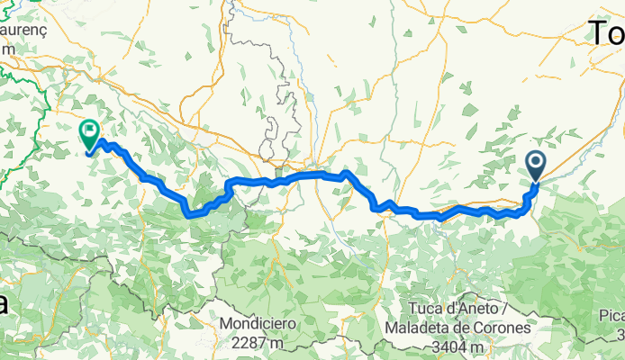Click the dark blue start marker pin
pyautogui.click(x=535, y=165)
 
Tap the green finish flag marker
pyautogui.click(x=90, y=135)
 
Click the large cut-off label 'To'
pyautogui.click(x=607, y=34)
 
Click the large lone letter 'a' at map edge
pyautogui.click(x=5, y=303)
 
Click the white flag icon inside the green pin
pyautogui.click(x=90, y=131)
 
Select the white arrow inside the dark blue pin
pyautogui.click(x=535, y=162)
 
